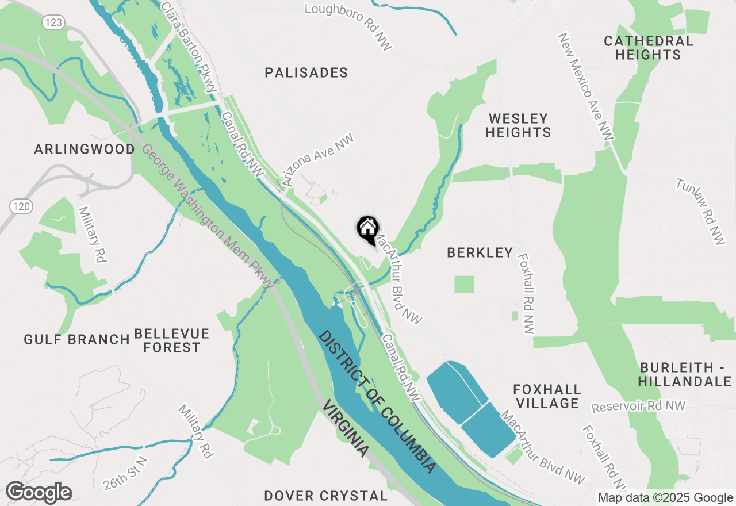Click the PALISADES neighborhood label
pos(306,72)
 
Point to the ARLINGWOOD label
pos(85,149)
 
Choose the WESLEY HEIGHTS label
pos(518,125)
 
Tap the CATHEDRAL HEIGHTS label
pos(648,48)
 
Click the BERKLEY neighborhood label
pos(480,252)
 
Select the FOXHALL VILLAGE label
pos(547,397)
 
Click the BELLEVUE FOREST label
pos(172,340)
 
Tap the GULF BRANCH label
pos(76,339)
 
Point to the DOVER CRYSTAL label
pos(325,496)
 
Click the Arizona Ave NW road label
pos(317,160)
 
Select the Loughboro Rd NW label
pos(348,26)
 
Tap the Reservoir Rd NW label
pos(639,407)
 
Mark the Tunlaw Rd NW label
pos(701,212)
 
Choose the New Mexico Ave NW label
pos(586,86)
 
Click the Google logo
pos(39,493)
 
